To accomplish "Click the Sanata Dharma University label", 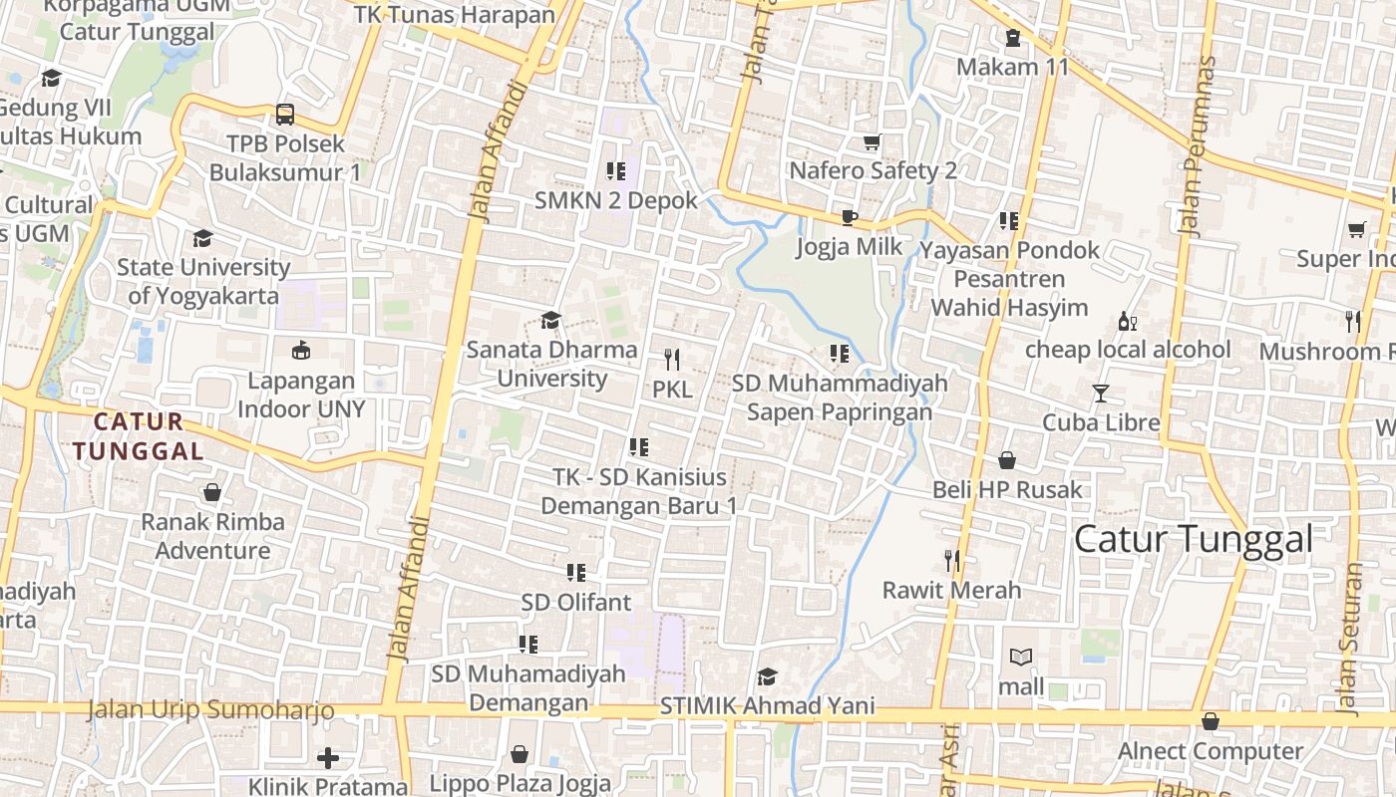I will (x=551, y=364).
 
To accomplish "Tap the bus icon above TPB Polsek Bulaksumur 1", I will (x=285, y=114).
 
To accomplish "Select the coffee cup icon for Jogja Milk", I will (x=849, y=217).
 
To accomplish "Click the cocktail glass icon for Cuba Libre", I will (x=1100, y=394).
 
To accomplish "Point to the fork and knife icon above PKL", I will (x=672, y=360).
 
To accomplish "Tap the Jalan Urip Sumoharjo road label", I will (x=210, y=710).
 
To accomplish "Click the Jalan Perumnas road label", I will (x=1197, y=145).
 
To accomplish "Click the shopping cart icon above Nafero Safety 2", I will (x=872, y=142).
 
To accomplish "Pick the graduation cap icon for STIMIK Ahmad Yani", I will (x=766, y=677).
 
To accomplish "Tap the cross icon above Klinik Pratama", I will (x=328, y=758).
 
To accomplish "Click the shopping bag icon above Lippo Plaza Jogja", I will (x=520, y=754).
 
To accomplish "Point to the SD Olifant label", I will (x=575, y=602).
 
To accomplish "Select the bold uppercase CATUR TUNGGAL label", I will (x=138, y=436).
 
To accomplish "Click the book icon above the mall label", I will (x=1021, y=658).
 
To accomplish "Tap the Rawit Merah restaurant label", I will (x=951, y=590).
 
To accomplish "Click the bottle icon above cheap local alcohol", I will (x=1128, y=321).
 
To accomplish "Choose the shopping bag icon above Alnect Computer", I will (x=1211, y=721).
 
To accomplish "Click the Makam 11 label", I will (x=1012, y=67).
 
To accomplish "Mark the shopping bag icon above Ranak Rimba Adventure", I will (x=211, y=492).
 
